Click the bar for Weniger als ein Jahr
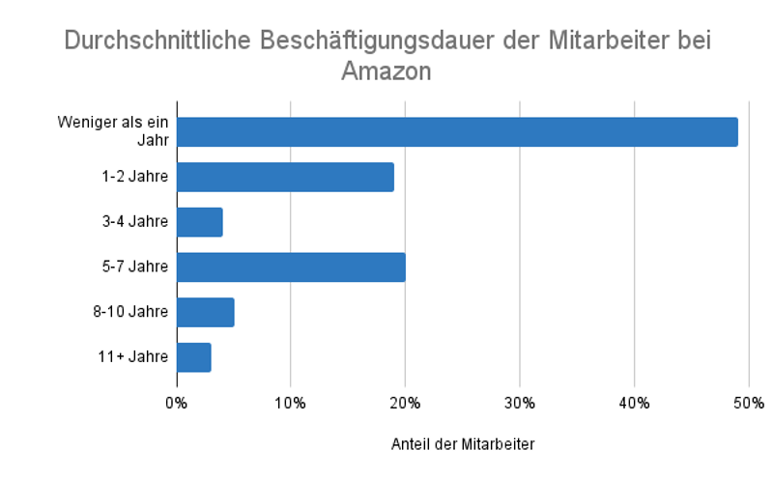(x=457, y=131)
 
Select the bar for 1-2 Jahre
(x=285, y=177)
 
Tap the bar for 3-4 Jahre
(x=200, y=221)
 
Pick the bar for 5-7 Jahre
(x=291, y=267)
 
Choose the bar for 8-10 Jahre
(x=206, y=312)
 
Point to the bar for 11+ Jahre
(x=194, y=356)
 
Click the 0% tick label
(x=177, y=402)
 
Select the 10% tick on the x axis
(x=291, y=402)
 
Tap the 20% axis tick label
(x=405, y=402)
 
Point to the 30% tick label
(x=520, y=402)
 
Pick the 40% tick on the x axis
(x=634, y=402)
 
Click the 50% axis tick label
(x=748, y=402)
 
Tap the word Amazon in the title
(x=386, y=71)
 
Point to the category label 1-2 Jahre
(x=134, y=177)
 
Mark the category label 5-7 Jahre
(x=134, y=267)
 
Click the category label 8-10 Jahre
(x=131, y=312)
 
